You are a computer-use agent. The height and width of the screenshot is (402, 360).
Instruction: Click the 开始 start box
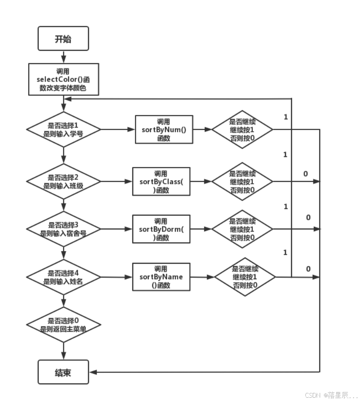click(x=63, y=39)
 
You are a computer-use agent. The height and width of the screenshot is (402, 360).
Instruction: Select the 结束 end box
click(x=63, y=373)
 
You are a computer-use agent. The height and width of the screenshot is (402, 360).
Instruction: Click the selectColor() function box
click(x=63, y=79)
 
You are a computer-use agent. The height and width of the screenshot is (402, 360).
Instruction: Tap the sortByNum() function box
click(x=164, y=130)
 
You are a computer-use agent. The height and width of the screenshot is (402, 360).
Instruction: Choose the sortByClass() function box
click(x=161, y=182)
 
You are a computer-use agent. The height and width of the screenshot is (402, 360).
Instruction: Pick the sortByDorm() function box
click(x=161, y=229)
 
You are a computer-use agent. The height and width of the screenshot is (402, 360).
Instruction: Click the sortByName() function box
click(x=161, y=277)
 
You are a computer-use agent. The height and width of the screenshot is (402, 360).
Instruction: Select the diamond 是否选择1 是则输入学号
click(x=63, y=130)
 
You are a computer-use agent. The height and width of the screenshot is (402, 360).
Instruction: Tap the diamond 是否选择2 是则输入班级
click(x=63, y=182)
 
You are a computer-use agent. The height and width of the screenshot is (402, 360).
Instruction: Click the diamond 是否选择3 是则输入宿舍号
click(x=63, y=229)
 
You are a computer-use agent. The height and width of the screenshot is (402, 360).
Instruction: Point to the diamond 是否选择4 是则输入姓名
click(x=63, y=277)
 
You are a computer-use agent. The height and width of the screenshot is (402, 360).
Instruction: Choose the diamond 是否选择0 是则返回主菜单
click(x=63, y=325)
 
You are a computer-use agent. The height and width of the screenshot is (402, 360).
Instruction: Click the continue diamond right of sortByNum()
click(x=242, y=130)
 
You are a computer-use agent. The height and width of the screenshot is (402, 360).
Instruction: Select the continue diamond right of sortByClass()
click(x=242, y=182)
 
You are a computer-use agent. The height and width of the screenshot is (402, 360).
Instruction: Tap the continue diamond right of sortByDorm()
click(x=242, y=229)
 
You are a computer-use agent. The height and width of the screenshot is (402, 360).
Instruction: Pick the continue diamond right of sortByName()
click(x=245, y=277)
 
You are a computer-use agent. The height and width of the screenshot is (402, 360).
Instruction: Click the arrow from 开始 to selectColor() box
click(x=63, y=56)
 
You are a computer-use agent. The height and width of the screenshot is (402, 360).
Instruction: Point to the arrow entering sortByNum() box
click(x=130, y=130)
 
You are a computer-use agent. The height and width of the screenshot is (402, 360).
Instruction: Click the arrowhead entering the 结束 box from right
click(x=93, y=373)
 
